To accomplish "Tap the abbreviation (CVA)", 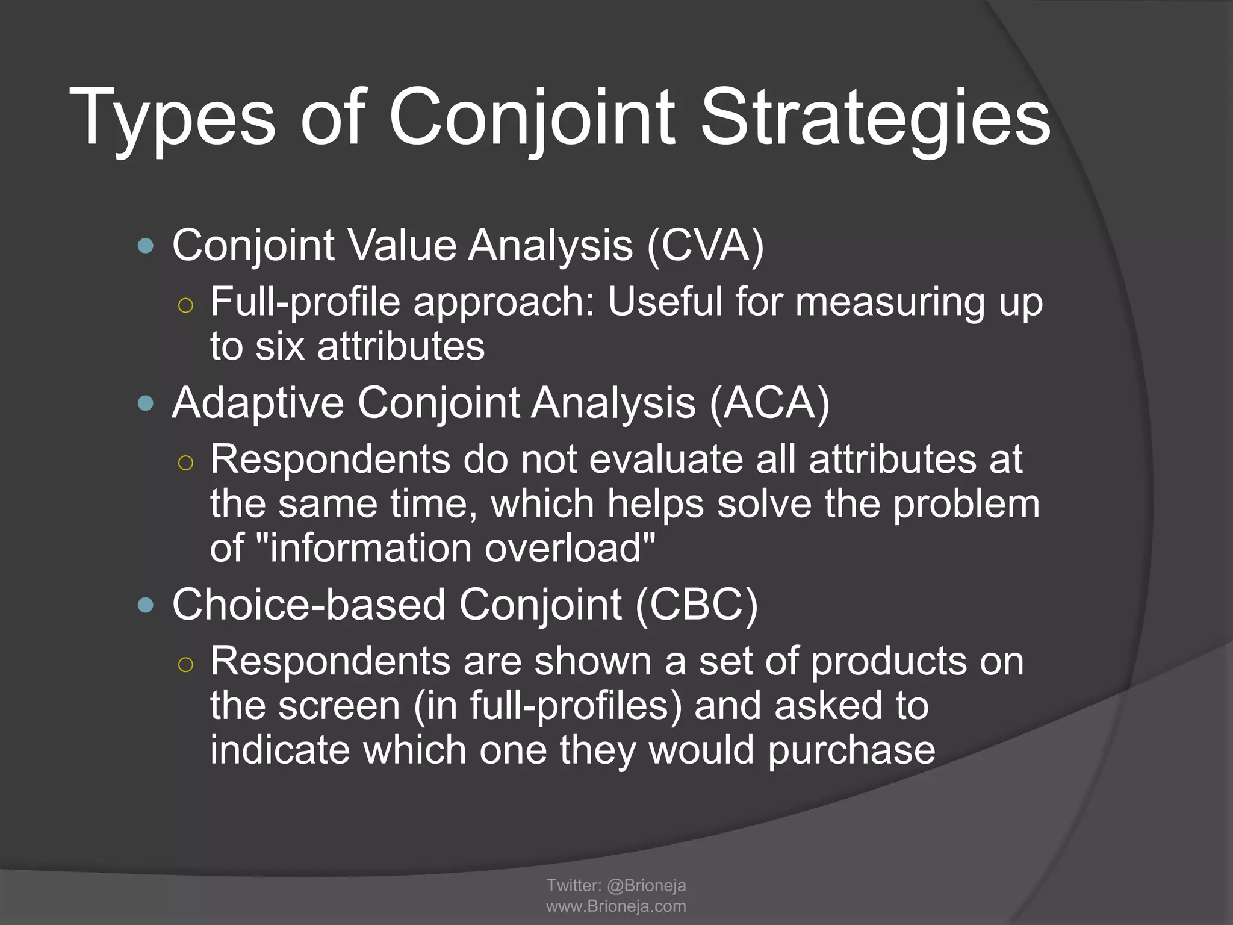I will pos(705,246).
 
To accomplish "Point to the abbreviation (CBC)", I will pos(697,605).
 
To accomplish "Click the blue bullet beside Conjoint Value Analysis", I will pos(146,246).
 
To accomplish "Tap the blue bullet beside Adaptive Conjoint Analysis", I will pos(146,403).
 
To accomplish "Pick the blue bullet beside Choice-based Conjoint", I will pos(146,605).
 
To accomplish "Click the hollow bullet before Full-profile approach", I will pos(186,305).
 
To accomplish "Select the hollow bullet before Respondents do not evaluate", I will pos(186,462).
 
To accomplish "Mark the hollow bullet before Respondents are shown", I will pos(186,664).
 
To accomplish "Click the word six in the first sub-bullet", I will pos(280,347).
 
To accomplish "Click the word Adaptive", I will pos(258,403).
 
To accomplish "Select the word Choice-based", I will pos(308,605).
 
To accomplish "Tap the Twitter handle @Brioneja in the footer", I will pos(647,886).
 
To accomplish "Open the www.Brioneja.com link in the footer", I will pos(616,906).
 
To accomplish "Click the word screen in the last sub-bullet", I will pos(339,706).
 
